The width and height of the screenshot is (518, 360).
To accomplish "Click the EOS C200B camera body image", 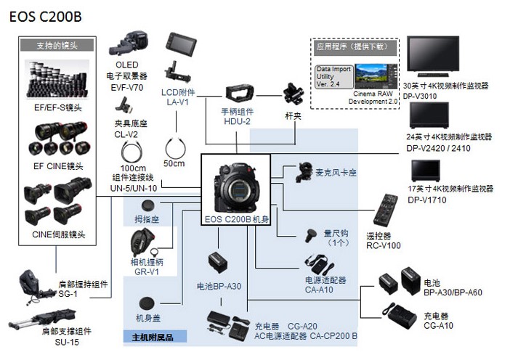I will [235, 184].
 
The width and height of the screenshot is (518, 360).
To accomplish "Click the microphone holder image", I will [300, 173].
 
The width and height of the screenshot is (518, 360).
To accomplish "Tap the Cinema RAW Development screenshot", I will [376, 77].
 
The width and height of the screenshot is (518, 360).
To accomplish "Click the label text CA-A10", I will [320, 290].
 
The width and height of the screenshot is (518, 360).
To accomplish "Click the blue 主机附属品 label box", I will [154, 337].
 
